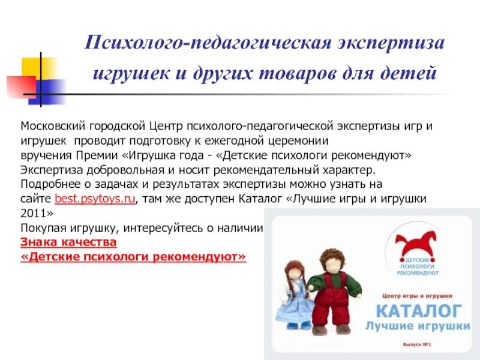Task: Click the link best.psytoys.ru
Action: [x=95, y=199]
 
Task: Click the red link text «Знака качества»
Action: [x=68, y=242]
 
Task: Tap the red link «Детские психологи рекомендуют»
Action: [x=134, y=257]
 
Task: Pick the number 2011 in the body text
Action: [x=32, y=214]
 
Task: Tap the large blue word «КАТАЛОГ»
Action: [x=419, y=311]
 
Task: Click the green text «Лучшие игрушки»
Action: [x=419, y=326]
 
